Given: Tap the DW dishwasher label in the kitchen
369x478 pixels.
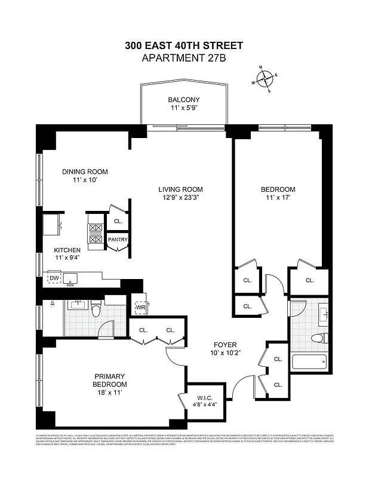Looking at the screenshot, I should coord(54,278).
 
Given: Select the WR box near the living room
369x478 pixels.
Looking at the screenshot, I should coord(140,307).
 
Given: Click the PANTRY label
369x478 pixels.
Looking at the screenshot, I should coord(117,240).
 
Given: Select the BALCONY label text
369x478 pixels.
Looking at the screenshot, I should coord(183,100).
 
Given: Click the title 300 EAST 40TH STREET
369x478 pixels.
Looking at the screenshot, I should coord(184,45).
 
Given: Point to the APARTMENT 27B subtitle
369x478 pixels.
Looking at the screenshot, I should coord(184,58).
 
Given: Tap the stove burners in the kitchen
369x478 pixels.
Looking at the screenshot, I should coord(95,233).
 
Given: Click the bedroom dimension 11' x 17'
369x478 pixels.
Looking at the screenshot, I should coord(278,199).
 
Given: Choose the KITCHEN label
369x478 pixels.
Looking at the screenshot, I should coord(67,250).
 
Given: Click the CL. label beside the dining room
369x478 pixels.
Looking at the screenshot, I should coord(118,221).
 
